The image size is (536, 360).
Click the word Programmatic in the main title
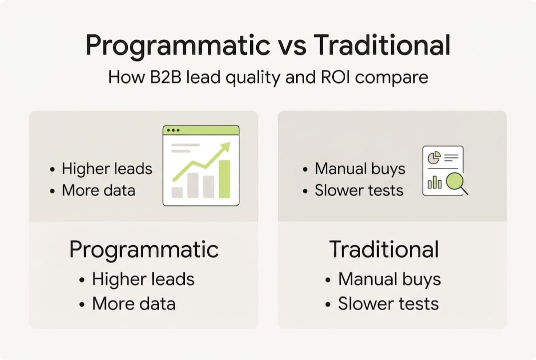tap(177, 46)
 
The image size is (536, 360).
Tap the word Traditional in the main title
tap(382, 46)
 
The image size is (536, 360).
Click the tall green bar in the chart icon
tap(225, 178)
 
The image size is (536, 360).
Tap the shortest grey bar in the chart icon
tap(177, 192)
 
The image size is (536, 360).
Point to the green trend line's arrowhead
tap(226, 146)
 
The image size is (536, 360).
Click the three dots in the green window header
tap(173, 130)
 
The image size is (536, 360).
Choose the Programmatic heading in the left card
tap(144, 249)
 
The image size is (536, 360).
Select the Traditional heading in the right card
tap(384, 249)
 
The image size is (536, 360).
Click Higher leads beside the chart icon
tap(107, 168)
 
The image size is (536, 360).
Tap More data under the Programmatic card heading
tap(133, 303)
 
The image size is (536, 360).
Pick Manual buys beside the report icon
tap(360, 168)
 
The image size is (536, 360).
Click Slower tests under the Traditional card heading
tap(388, 303)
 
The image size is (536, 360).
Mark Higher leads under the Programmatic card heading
tap(143, 279)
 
